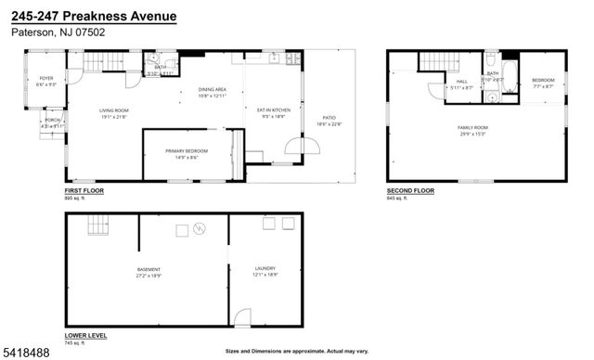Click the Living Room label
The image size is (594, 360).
point(113,111)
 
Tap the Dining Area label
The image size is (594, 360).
point(213,89)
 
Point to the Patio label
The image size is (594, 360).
point(329,120)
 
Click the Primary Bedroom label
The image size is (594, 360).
point(187,151)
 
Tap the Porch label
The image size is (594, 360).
point(50,122)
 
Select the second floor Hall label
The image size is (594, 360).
point(461,81)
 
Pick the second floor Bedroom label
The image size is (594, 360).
point(543,81)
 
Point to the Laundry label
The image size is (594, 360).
point(265,270)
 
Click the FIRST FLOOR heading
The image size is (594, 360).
point(84,191)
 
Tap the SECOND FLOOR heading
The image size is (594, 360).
point(410,191)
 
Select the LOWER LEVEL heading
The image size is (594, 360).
point(84,335)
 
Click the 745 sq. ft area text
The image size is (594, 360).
point(74,342)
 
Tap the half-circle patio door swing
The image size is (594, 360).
point(304,148)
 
